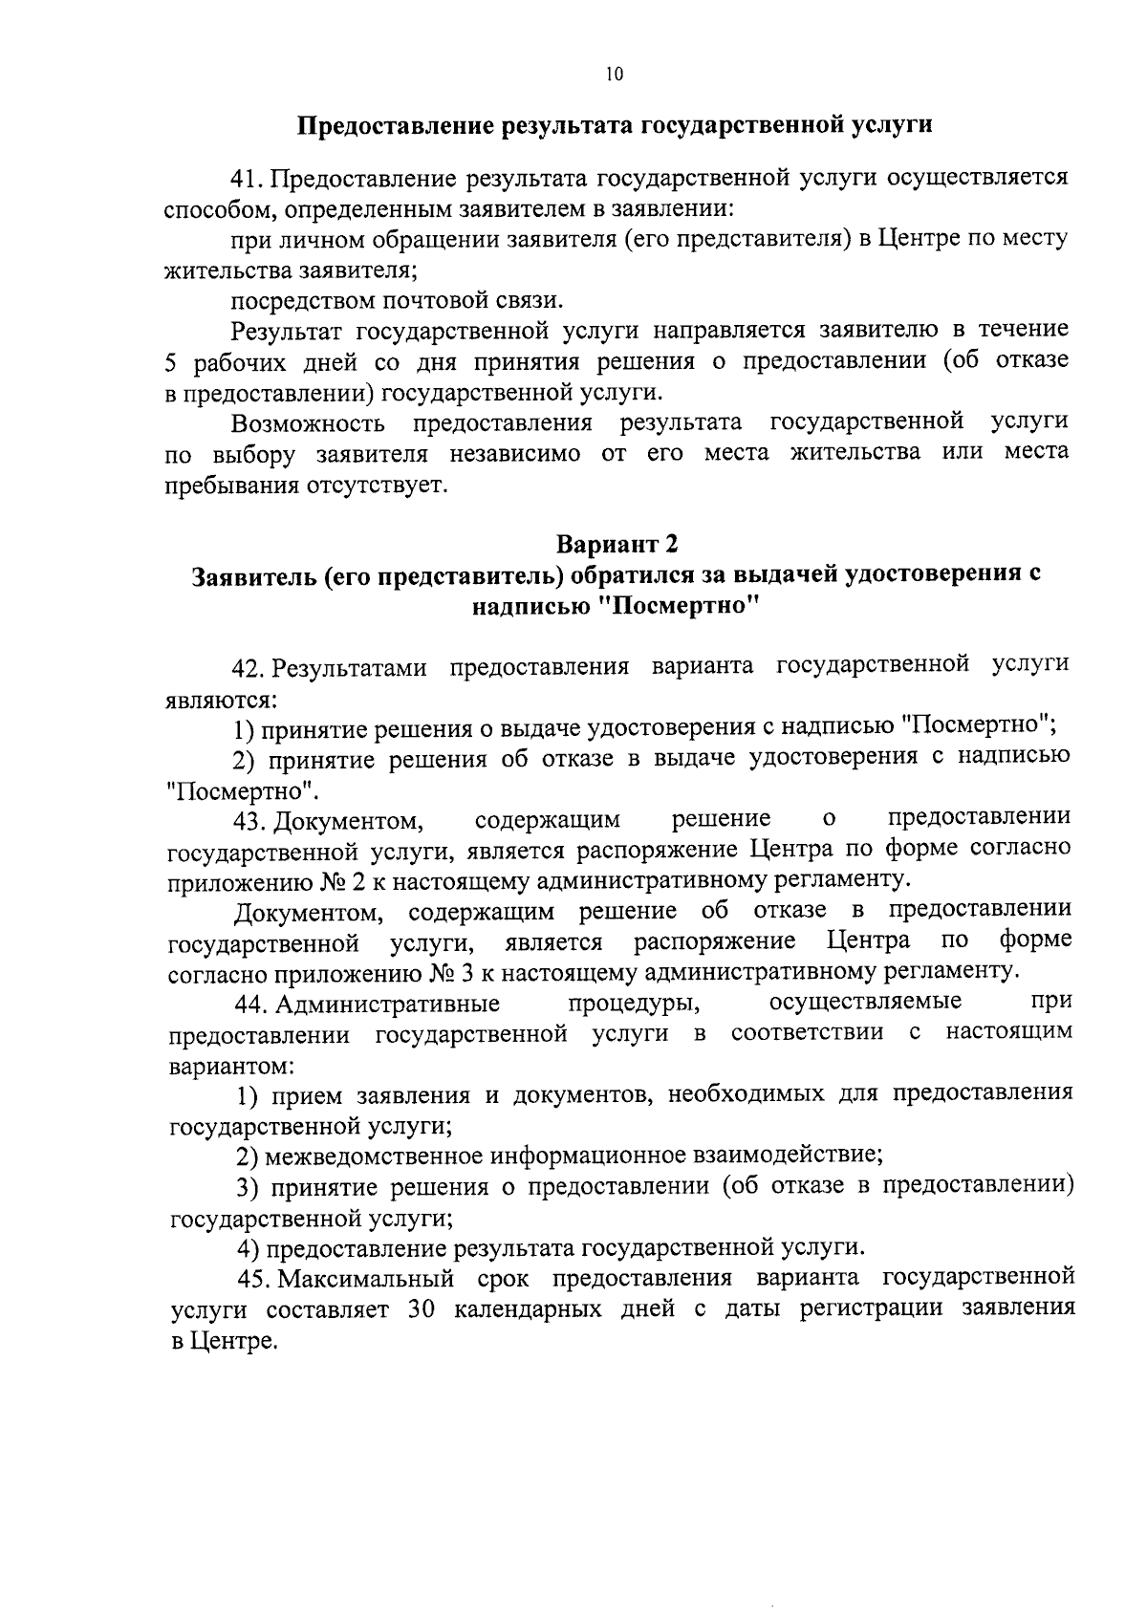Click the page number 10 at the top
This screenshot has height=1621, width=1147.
click(614, 76)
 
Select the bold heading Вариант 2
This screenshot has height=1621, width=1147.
click(617, 544)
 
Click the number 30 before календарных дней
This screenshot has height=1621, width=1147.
click(422, 1309)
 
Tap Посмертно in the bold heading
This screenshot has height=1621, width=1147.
click(683, 606)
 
